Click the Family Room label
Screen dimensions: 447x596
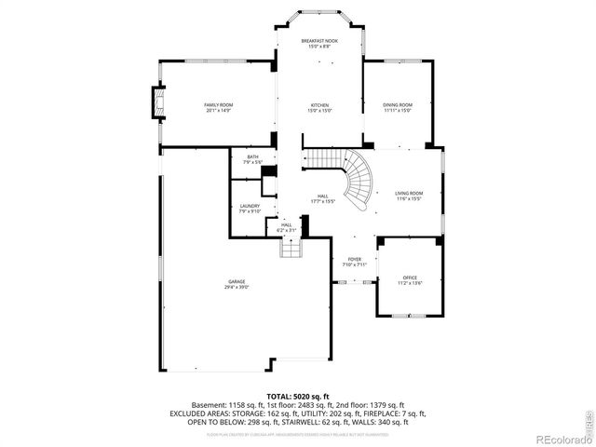point(218,105)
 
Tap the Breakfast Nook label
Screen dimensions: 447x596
point(318,41)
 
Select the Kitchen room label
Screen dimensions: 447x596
point(318,105)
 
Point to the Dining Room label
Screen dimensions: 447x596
point(397,105)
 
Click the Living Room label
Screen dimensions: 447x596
point(409,193)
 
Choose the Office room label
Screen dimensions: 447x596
point(410,278)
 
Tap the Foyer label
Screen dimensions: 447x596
point(354,260)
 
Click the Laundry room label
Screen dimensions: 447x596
point(249,206)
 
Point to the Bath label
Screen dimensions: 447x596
point(252,156)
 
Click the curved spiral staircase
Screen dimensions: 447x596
point(358,182)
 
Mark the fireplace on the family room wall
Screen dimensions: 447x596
point(156,102)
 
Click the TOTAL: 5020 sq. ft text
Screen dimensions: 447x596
point(297,396)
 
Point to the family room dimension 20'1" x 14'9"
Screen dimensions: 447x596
point(218,111)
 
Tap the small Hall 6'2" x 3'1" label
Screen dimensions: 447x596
point(287,227)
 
